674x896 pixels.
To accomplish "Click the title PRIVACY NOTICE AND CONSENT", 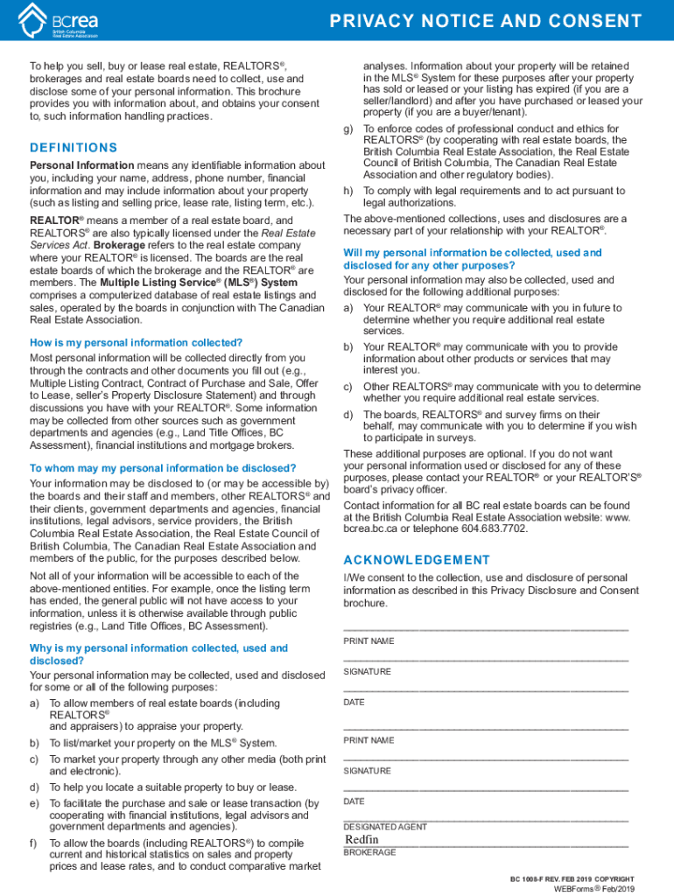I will [497, 20].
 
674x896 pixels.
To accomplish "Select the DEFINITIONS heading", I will [74, 148].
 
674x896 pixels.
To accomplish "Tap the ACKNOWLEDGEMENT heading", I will [417, 560].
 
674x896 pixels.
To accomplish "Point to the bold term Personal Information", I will [81, 165].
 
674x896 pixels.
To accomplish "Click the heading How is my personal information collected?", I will [136, 342].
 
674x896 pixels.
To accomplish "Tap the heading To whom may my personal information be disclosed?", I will [163, 468].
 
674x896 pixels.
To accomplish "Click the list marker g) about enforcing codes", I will [348, 129].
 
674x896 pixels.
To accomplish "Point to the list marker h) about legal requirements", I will [348, 191].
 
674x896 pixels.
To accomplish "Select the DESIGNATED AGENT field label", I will [385, 827].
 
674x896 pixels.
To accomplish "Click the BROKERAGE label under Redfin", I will [369, 852].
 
